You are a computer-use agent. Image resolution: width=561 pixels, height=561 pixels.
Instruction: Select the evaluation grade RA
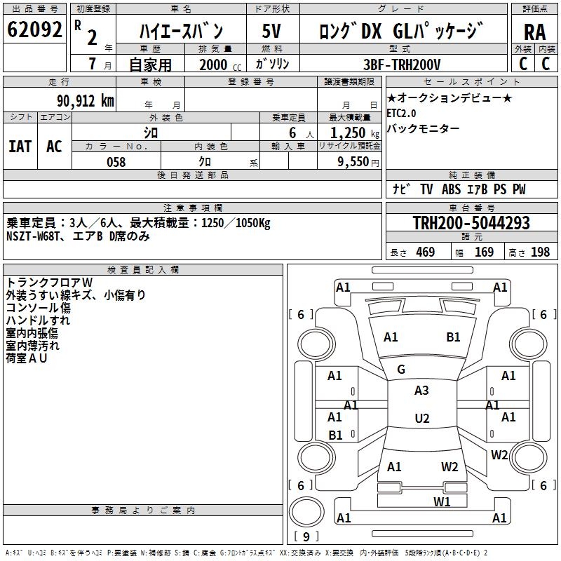pos(535,32)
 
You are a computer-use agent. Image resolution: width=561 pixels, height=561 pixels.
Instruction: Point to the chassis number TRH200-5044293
pos(471,223)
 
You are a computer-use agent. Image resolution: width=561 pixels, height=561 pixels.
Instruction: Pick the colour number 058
pos(116,162)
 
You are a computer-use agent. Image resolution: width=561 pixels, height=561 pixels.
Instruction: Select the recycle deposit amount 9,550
pos(354,162)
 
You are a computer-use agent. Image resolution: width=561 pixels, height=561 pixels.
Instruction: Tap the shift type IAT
pos(20,147)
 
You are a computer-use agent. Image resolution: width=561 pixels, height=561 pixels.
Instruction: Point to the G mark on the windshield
pos(401,370)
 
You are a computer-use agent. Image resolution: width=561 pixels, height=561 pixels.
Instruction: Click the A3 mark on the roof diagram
pos(421,391)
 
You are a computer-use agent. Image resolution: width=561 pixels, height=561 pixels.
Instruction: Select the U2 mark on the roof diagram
pos(421,419)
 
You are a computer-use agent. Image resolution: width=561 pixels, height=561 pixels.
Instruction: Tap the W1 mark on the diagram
pos(442,501)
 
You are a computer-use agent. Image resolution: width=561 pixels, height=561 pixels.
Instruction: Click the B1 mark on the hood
pos(454,337)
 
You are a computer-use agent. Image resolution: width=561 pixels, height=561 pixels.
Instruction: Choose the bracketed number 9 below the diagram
pos(306,537)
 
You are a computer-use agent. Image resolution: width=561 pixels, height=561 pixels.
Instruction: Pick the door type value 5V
pos(273,32)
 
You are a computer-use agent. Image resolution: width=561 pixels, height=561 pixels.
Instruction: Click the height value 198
pos(541,252)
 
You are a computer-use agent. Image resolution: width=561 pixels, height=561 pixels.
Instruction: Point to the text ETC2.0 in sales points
pos(401,113)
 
